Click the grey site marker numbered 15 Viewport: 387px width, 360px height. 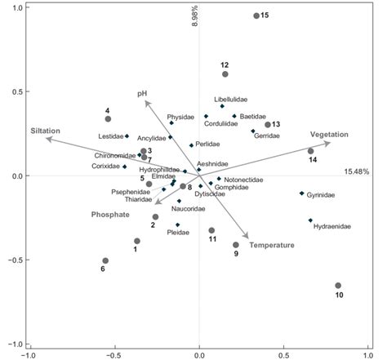pos(256,16)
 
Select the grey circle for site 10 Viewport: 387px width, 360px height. pos(338,286)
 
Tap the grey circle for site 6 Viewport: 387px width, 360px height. pos(105,260)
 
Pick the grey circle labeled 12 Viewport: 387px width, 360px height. pos(225,74)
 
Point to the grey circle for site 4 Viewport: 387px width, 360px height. pos(108,119)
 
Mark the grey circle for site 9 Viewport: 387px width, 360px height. pos(236,244)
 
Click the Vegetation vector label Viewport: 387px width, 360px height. pos(328,134)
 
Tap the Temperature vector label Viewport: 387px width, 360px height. pos(271,245)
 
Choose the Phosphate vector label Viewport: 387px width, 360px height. pos(109,214)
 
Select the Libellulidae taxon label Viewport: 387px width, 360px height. pos(230,99)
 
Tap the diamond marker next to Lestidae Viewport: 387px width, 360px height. pos(127,136)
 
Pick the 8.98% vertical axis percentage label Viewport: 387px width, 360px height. pos(195,20)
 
